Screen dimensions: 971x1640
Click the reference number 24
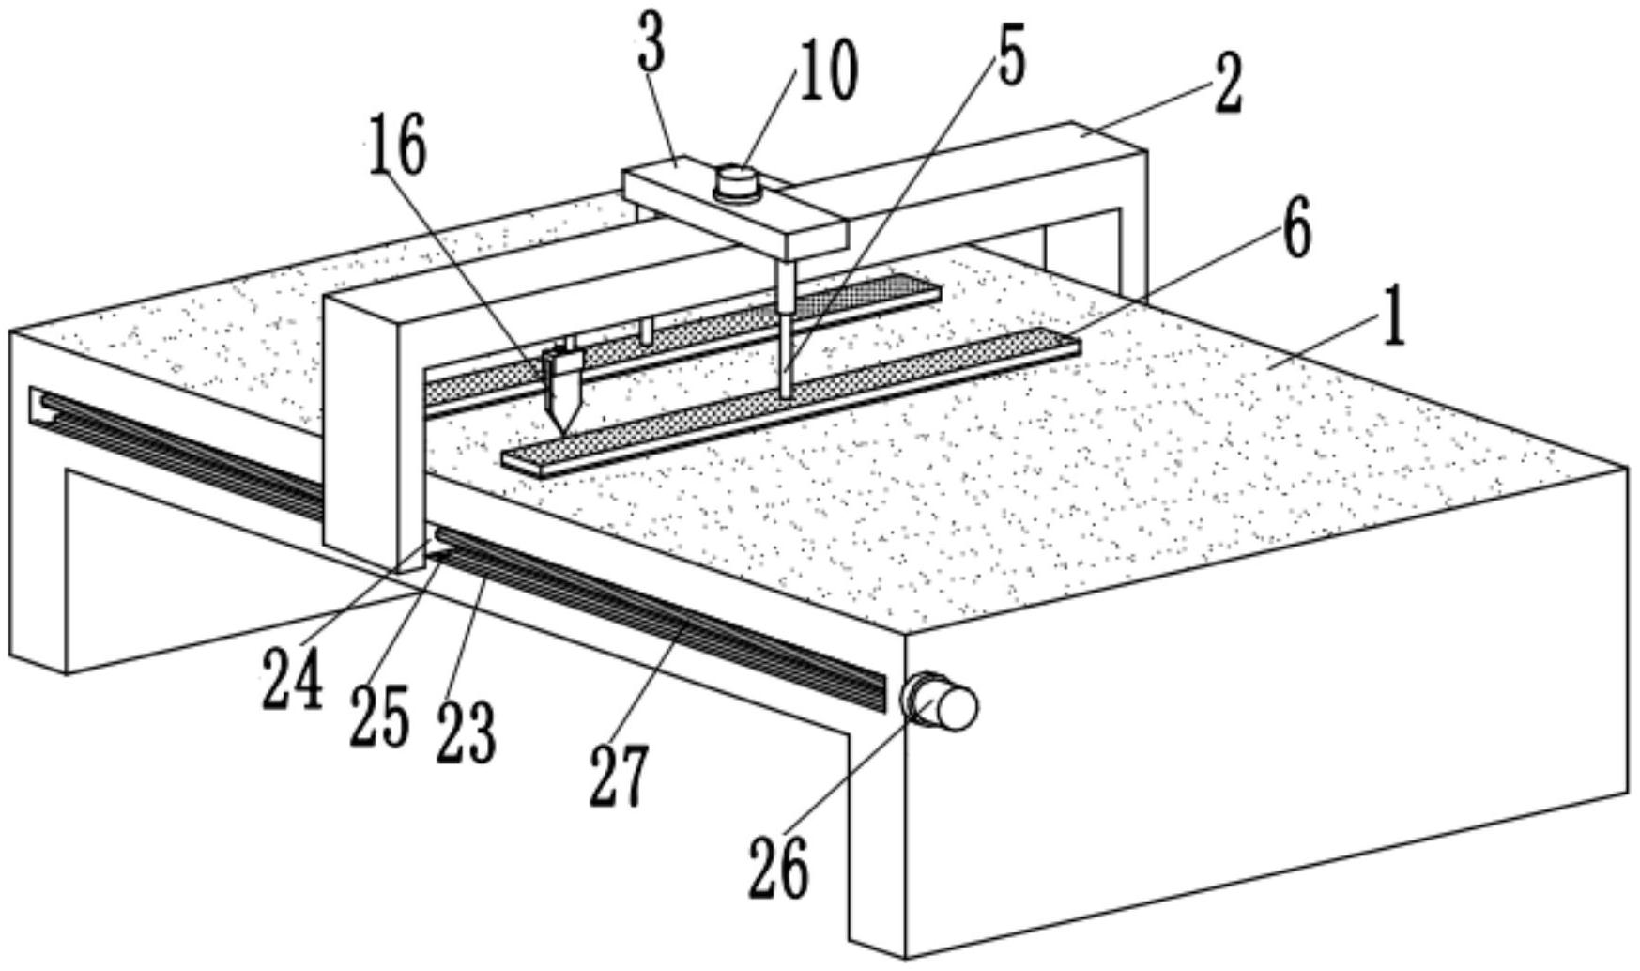(292, 678)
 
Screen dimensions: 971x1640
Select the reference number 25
(379, 716)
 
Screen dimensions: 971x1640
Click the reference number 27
(619, 776)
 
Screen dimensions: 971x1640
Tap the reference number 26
(778, 868)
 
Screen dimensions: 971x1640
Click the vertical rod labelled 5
(785, 329)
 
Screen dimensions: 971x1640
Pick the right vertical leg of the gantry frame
(1131, 225)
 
